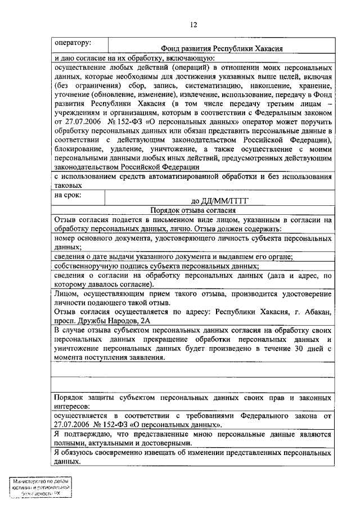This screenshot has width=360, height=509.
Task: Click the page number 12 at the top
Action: pyautogui.click(x=193, y=25)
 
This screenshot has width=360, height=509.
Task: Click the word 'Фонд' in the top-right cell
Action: pyautogui.click(x=170, y=49)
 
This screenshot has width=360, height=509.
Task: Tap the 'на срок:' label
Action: pyautogui.click(x=67, y=196)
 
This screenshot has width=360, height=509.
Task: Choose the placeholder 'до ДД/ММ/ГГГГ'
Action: pyautogui.click(x=219, y=201)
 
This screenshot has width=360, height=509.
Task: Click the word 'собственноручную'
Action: pyautogui.click(x=85, y=266)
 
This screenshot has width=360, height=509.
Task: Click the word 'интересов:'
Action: pyautogui.click(x=72, y=406)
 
